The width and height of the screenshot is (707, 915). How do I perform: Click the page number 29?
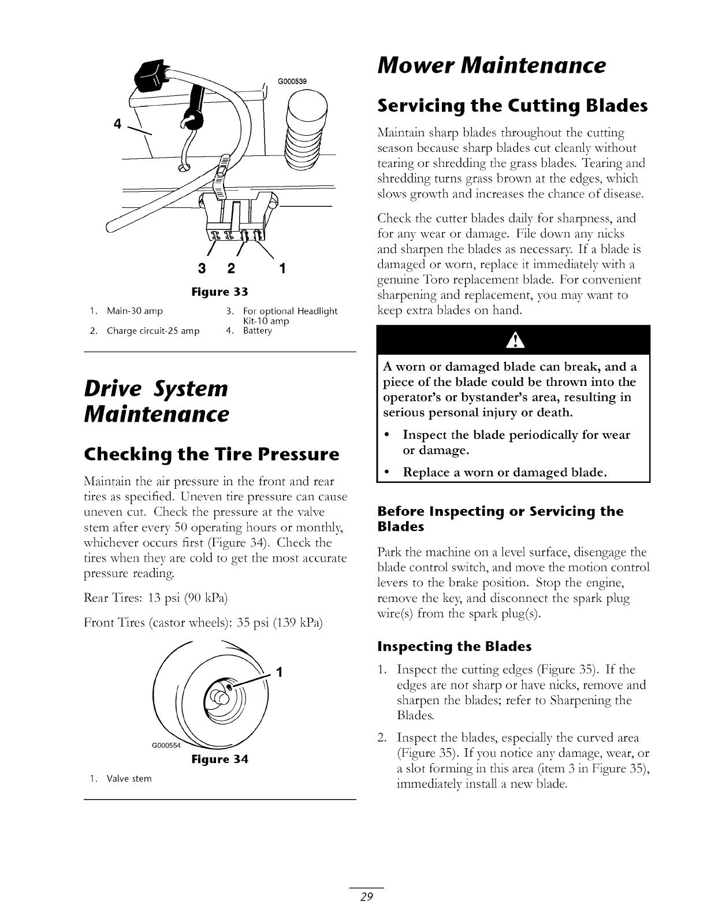point(367,897)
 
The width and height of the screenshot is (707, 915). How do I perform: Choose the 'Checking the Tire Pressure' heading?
point(211,455)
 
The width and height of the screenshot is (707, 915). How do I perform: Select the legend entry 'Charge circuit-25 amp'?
point(152,331)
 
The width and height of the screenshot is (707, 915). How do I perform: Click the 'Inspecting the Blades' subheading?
point(454,646)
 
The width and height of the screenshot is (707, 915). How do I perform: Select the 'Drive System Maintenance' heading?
point(157,401)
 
